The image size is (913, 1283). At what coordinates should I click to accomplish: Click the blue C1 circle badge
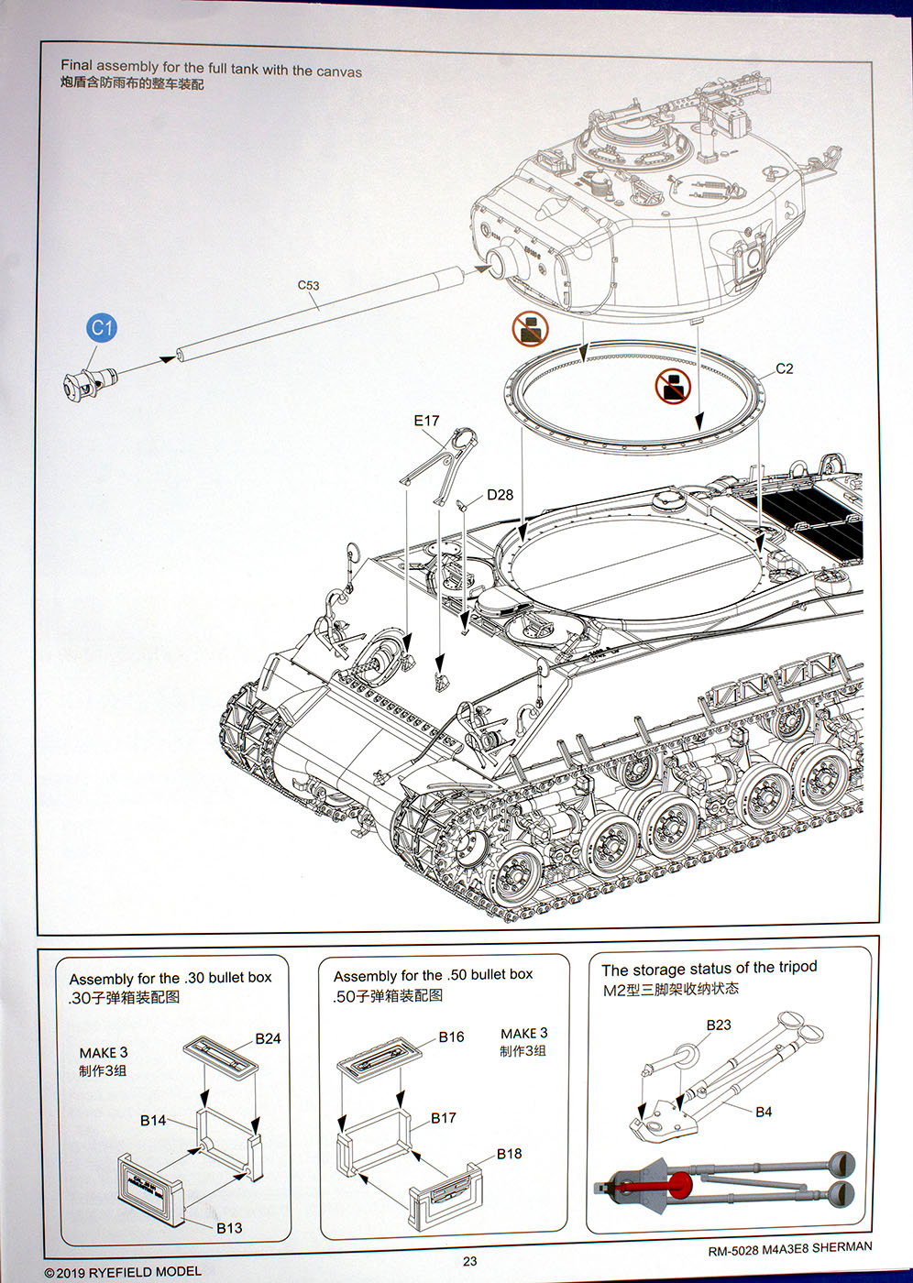click(102, 328)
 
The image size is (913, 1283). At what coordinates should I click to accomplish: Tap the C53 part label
click(308, 285)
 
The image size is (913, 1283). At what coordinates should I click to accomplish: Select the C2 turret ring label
click(784, 368)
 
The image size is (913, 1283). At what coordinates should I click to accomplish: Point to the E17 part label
click(426, 421)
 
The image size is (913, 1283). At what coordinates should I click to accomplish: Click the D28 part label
click(500, 495)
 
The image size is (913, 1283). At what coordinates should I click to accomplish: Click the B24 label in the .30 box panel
click(268, 1038)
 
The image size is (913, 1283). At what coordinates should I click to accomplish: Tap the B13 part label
click(229, 1228)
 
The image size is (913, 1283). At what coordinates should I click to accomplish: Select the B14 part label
click(153, 1120)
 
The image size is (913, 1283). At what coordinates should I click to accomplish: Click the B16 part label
click(451, 1036)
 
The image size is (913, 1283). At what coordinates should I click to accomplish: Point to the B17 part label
click(444, 1118)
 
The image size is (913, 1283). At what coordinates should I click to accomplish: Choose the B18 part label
click(509, 1154)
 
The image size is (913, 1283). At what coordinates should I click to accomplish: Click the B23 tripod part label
click(719, 1025)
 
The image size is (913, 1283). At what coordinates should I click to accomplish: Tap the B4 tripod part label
click(764, 1112)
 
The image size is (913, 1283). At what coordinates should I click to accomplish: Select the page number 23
click(469, 1261)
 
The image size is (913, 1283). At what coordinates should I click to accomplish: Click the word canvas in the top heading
click(339, 71)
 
